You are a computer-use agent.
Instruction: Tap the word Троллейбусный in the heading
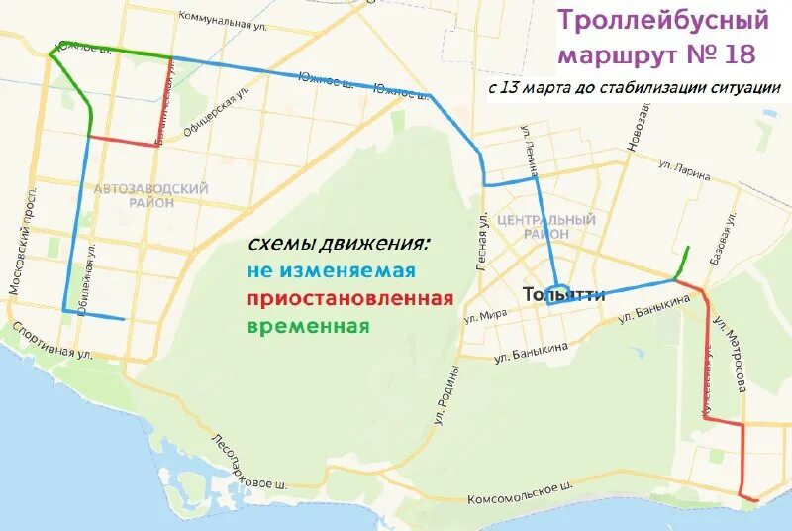663,19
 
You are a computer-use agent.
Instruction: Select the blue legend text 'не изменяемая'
331,270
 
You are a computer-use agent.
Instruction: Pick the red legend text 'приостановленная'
350,298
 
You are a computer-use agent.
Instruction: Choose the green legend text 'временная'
309,326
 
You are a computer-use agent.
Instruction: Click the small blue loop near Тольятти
559,294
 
